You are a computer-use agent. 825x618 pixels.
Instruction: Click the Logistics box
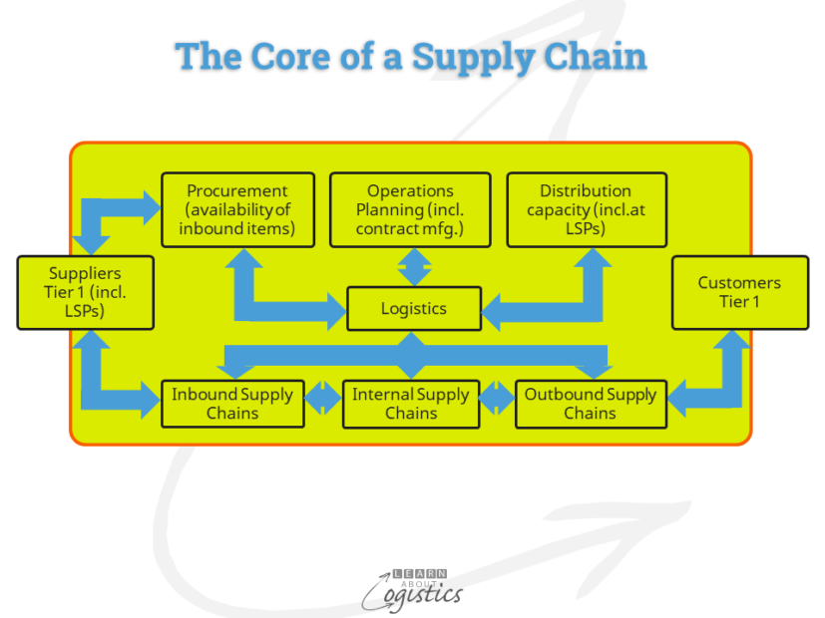414,308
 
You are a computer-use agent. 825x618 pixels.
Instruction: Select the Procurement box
237,209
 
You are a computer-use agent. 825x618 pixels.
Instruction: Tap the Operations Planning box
410,209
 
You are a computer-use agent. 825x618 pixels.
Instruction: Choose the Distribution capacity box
587,209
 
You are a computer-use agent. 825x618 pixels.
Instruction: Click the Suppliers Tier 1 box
85,293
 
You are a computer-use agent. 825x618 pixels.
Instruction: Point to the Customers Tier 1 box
740,293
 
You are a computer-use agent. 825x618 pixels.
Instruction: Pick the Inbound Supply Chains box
232,404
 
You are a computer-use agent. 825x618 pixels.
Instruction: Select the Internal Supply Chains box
411,404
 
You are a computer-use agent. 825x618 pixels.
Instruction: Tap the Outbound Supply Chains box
591,404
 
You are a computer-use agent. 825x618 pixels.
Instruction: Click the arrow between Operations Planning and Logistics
415,267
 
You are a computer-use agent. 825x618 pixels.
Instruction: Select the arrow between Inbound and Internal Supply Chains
323,398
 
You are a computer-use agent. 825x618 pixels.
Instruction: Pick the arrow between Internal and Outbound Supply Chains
497,398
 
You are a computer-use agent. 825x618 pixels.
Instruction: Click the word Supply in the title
474,57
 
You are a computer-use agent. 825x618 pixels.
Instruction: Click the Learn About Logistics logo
413,591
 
